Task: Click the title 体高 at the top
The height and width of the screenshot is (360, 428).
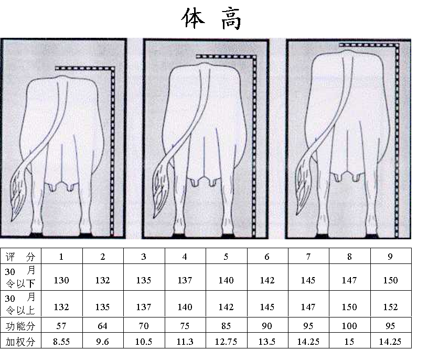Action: pos(211,18)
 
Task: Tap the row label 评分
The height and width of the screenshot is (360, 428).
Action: pos(20,257)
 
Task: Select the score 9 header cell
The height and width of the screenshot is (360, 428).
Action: pos(390,257)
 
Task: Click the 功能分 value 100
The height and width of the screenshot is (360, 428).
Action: pos(349,326)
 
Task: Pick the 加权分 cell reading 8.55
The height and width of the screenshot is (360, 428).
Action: pos(61,342)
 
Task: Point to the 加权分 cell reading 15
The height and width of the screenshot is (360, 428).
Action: pos(349,342)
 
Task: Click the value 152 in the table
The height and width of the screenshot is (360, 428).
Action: pos(390,307)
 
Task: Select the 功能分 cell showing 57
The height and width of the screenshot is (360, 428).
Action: pos(61,326)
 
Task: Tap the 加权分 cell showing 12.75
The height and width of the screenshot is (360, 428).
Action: pos(226,342)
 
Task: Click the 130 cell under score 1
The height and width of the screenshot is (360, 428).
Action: pos(61,280)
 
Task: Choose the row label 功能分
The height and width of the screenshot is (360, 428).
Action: pos(20,326)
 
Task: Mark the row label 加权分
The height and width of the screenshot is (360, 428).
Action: pos(20,342)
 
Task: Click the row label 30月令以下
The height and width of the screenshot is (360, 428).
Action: pos(20,277)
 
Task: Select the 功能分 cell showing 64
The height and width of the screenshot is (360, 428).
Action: pos(103,326)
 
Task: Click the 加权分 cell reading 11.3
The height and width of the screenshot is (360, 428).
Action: pos(185,342)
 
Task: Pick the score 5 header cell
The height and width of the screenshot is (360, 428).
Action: pos(226,257)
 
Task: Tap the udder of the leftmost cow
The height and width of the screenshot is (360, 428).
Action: pos(61,186)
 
